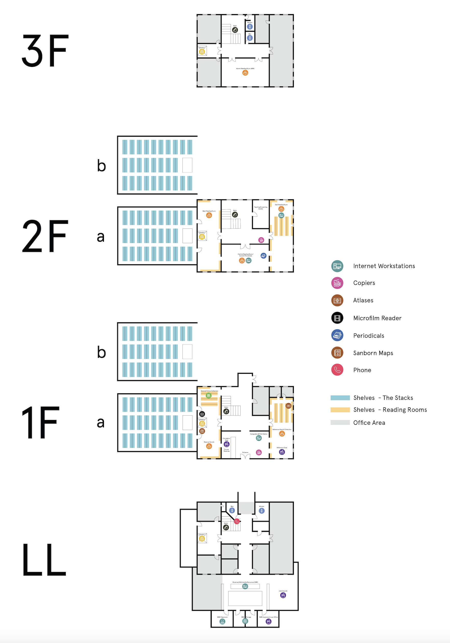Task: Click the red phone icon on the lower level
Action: pos(237,521)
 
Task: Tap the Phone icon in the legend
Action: pos(337,370)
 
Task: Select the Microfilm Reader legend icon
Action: pos(337,318)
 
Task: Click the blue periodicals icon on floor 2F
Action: pos(263,255)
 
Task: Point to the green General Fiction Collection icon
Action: pos(208,395)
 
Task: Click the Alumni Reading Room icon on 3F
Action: pos(245,73)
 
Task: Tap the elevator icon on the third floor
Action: pos(202,52)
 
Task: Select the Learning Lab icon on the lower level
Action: pos(283,595)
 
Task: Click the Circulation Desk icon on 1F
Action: pos(226,444)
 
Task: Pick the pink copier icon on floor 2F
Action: pos(261,240)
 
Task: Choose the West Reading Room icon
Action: pos(209,215)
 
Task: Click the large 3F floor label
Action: pos(45,51)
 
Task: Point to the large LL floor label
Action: pos(44,560)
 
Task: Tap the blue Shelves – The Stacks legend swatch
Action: pos(340,398)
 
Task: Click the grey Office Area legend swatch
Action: pos(340,422)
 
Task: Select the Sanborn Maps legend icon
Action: pos(337,353)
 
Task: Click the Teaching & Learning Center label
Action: pos(260,208)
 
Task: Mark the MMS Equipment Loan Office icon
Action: pos(268,622)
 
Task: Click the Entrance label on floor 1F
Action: pos(245,452)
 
